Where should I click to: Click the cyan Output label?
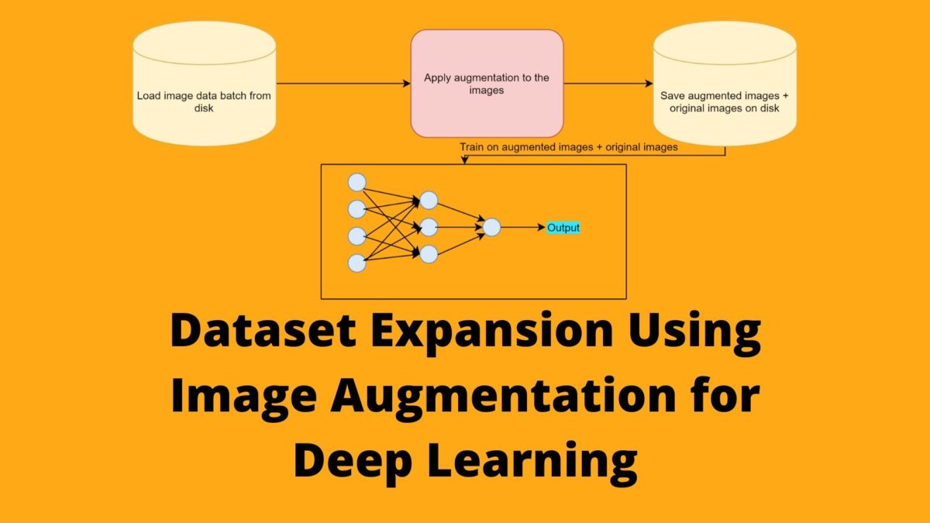click(x=563, y=228)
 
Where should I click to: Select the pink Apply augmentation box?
click(x=487, y=84)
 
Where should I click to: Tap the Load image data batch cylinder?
click(x=205, y=84)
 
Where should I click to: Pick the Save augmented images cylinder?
click(x=725, y=84)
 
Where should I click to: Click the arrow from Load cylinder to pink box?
click(x=343, y=84)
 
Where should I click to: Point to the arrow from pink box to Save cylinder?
click(x=608, y=84)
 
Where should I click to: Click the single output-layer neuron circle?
click(x=491, y=228)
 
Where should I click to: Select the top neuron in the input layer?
click(x=356, y=183)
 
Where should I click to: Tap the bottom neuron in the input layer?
click(x=356, y=263)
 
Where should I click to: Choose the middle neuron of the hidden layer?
click(x=429, y=228)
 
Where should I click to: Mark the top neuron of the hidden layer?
click(x=429, y=201)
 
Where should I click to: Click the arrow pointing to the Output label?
click(x=523, y=228)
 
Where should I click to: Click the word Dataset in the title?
click(x=263, y=329)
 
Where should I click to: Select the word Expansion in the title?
click(x=492, y=333)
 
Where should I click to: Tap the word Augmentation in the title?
click(x=504, y=397)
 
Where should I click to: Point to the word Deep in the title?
click(x=353, y=463)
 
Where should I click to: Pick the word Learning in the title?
click(x=532, y=463)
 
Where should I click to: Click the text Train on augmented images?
click(x=526, y=147)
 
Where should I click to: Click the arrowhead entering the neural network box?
click(x=465, y=160)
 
